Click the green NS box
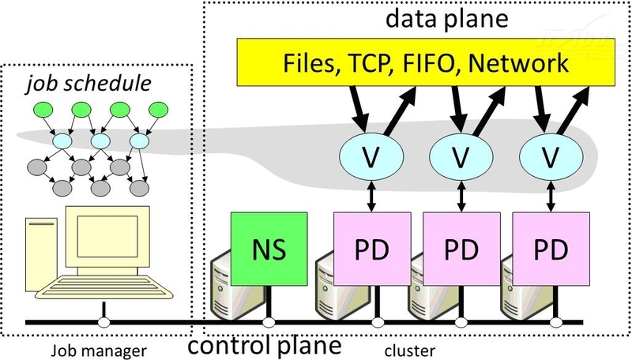click(264, 249)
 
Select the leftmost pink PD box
click(370, 249)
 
